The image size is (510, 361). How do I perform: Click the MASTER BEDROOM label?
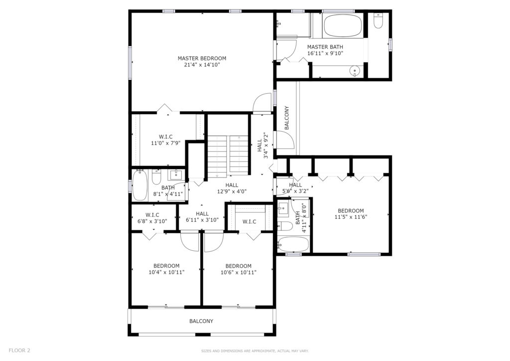(x=202, y=58)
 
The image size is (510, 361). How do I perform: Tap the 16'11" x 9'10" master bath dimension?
(x=325, y=53)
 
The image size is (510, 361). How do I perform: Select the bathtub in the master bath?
(x=343, y=26)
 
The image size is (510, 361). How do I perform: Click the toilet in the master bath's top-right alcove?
(x=378, y=20)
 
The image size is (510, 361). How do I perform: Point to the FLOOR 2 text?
(x=19, y=350)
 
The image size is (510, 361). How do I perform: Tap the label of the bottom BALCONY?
(x=201, y=321)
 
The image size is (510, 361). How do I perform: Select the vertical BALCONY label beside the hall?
(x=286, y=118)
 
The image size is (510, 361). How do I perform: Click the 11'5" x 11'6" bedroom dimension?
(x=351, y=217)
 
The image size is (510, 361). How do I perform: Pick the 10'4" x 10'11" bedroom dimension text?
(x=166, y=272)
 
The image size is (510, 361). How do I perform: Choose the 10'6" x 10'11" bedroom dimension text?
(x=239, y=272)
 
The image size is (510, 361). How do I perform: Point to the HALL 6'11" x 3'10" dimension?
(x=202, y=220)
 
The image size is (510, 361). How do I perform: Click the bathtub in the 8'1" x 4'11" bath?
(x=140, y=185)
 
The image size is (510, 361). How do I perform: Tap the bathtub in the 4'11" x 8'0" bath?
(x=293, y=244)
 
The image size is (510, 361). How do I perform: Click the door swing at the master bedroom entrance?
(x=262, y=102)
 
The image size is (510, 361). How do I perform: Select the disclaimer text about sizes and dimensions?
(x=255, y=351)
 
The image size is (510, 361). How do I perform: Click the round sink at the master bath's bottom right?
(x=354, y=71)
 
